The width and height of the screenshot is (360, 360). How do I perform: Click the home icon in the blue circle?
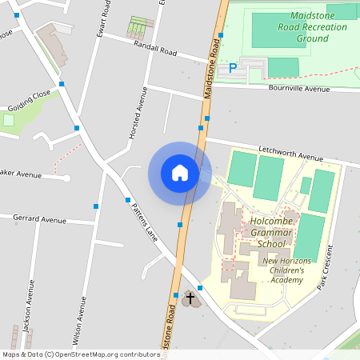point(180,172)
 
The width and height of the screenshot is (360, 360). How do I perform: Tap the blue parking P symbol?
point(233,69)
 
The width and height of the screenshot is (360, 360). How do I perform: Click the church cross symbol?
point(190,300)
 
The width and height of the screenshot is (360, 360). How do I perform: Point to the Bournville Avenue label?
point(299,88)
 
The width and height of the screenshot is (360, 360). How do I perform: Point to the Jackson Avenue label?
point(32,308)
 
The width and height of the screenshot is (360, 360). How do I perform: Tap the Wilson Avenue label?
point(83,318)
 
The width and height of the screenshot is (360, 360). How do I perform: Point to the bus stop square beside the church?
point(200,288)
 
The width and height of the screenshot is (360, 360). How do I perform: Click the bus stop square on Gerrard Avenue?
point(96,206)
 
